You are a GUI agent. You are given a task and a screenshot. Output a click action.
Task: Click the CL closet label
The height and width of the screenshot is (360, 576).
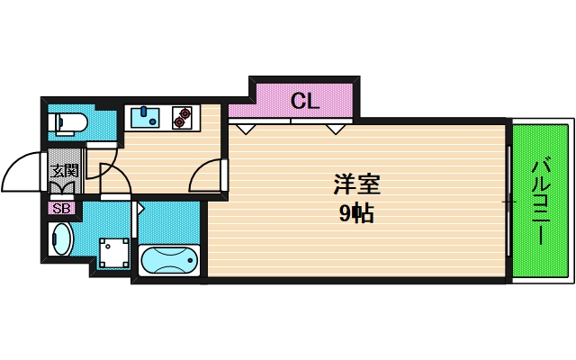(x=305, y=101)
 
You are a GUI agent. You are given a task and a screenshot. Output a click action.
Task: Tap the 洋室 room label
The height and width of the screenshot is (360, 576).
(x=356, y=186)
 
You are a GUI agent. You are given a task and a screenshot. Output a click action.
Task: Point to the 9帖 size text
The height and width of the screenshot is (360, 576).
(x=356, y=214)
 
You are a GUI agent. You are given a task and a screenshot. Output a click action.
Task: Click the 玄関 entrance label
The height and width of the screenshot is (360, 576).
(x=64, y=170)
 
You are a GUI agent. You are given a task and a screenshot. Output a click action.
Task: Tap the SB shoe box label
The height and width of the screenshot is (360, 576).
(x=61, y=209)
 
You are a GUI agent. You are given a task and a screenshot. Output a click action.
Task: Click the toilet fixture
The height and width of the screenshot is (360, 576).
(x=68, y=124)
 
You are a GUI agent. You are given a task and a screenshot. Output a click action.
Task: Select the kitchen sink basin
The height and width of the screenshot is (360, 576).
(x=145, y=117)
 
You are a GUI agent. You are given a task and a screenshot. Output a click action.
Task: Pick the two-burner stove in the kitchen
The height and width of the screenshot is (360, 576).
(x=183, y=118)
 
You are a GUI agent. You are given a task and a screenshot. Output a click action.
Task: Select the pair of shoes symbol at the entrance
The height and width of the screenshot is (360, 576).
(x=64, y=188)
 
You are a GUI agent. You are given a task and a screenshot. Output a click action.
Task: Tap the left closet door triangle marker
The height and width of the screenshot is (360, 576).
(x=247, y=129)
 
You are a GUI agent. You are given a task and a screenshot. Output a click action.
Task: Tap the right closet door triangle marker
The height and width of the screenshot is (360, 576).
(x=336, y=129)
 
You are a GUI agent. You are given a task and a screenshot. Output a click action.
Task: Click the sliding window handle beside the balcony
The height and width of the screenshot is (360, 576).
(x=508, y=203)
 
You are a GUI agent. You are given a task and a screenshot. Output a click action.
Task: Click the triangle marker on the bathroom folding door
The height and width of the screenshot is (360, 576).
(x=139, y=207)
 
